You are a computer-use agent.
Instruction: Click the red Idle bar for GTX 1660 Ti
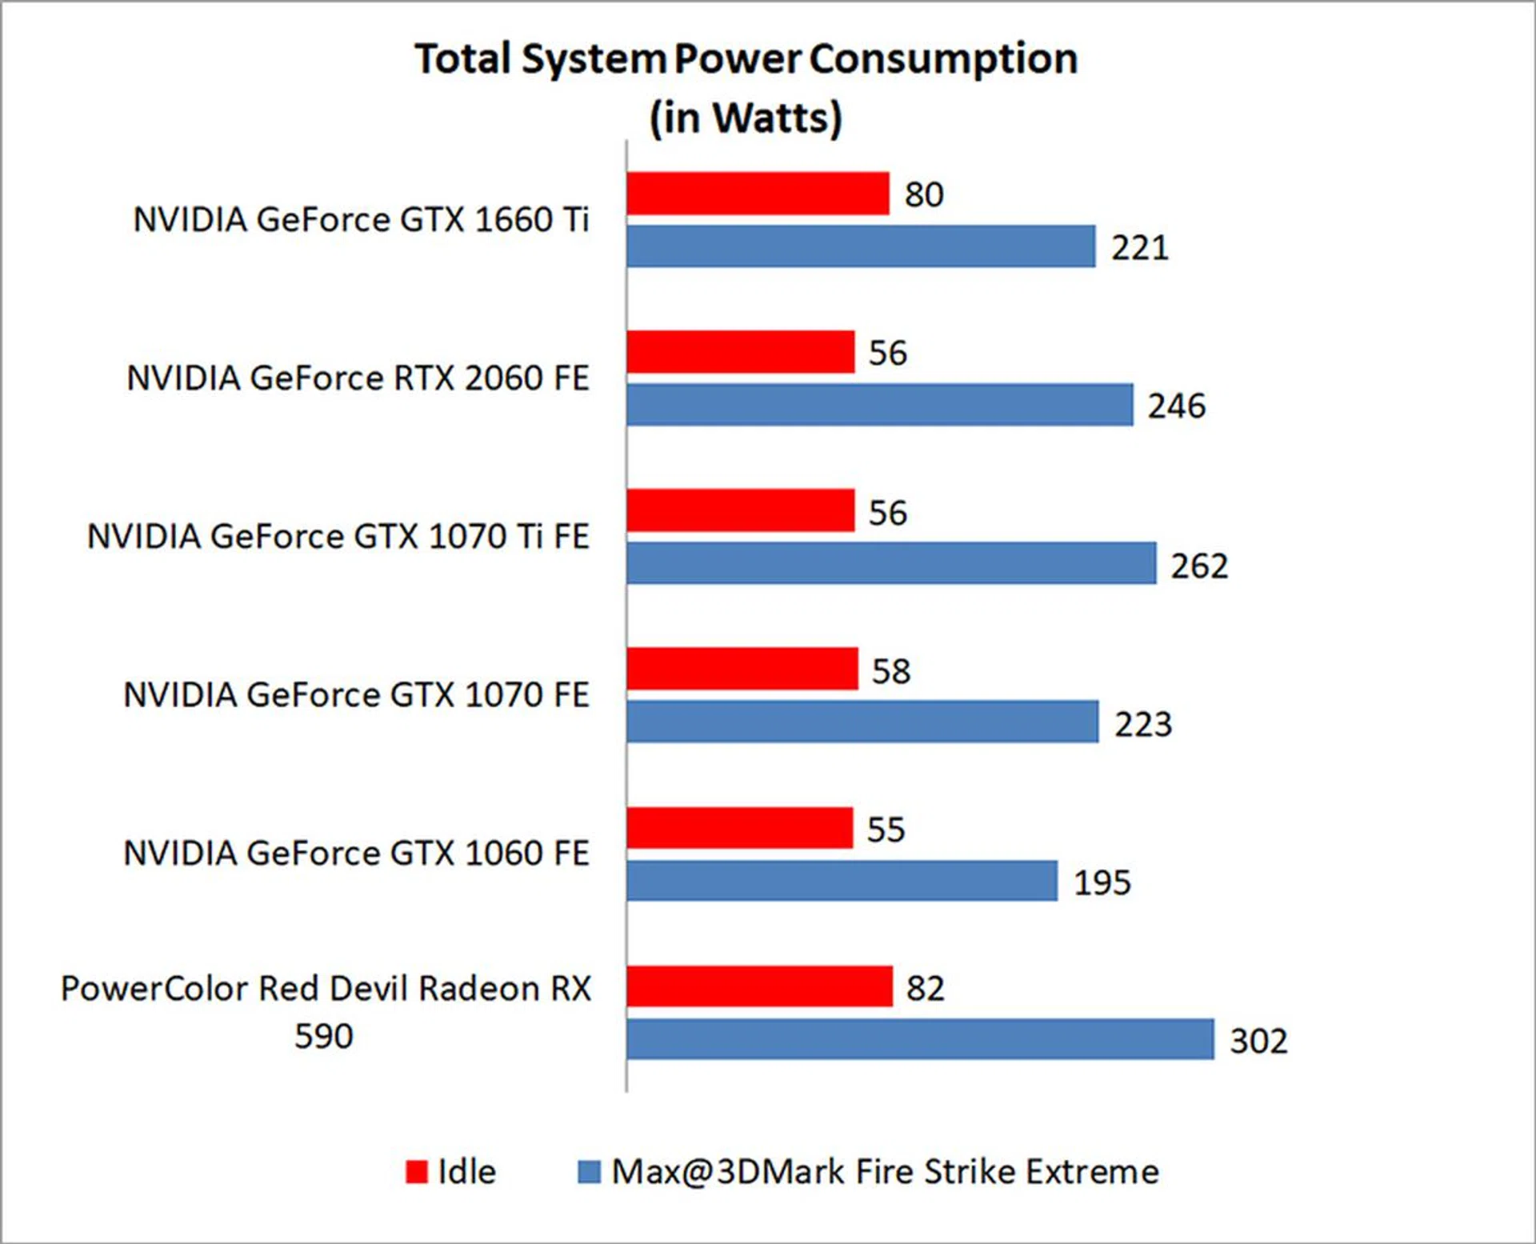coord(758,194)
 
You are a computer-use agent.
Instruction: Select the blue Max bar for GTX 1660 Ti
coord(861,246)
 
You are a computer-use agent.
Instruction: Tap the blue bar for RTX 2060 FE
coord(880,405)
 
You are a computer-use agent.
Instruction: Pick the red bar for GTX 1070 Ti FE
coord(741,510)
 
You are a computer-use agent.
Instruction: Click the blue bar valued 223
coord(862,722)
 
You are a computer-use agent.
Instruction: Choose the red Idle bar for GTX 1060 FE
coord(740,828)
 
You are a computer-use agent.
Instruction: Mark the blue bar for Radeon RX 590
coord(920,1039)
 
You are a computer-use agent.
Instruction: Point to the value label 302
coord(1258,1041)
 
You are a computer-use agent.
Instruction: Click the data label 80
coord(924,194)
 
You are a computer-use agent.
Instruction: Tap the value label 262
coord(1199,566)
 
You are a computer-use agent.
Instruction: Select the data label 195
coord(1102,882)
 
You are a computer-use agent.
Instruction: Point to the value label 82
coord(926,988)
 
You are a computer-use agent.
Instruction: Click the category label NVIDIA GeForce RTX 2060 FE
coord(358,378)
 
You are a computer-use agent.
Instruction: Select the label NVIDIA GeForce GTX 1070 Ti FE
coord(338,536)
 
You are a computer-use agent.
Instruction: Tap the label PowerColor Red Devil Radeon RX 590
coord(326,1012)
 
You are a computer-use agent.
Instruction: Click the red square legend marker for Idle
coord(417,1172)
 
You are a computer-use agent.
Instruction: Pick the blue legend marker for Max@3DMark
coord(589,1172)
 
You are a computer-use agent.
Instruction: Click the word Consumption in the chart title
coord(943,59)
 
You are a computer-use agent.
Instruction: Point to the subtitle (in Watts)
coord(746,118)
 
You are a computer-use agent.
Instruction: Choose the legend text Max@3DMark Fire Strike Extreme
coord(885,1172)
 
